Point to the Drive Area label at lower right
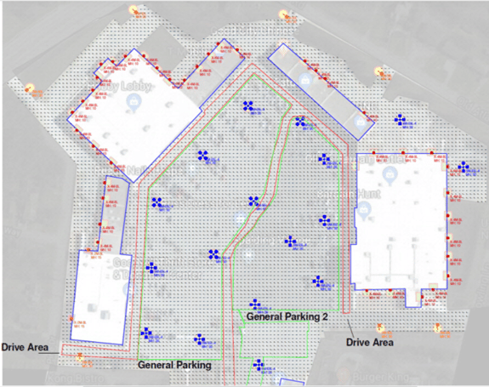372,343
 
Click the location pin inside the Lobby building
133,103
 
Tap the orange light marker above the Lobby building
133,10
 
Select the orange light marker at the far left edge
31,88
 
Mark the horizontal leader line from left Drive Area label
65,350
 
